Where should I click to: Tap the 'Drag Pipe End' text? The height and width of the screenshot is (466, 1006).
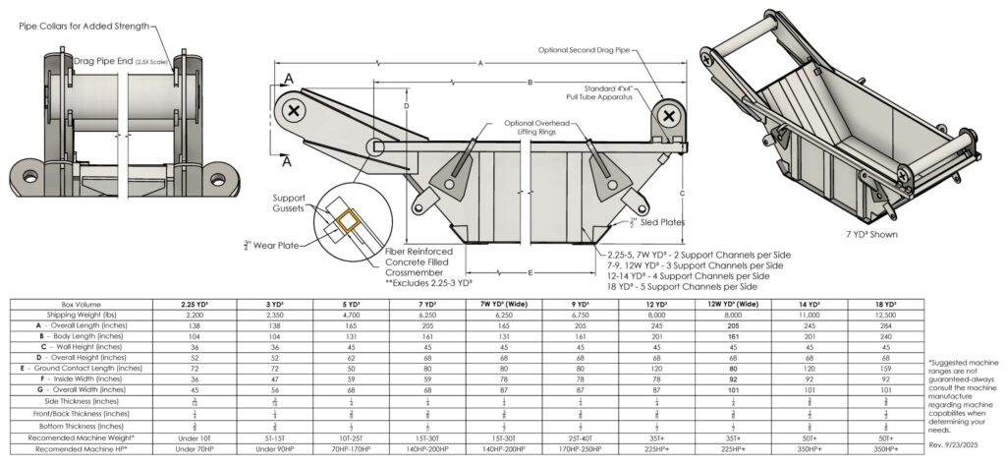pyautogui.click(x=105, y=61)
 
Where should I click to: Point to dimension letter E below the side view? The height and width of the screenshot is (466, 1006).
pyautogui.click(x=531, y=272)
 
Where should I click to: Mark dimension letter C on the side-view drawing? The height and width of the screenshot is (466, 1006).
pyautogui.click(x=681, y=193)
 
